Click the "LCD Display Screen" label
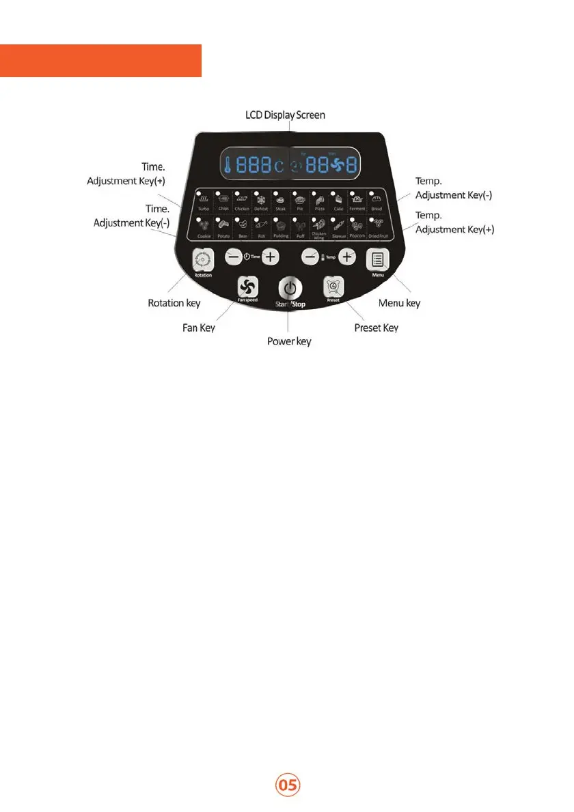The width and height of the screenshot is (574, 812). click(x=285, y=115)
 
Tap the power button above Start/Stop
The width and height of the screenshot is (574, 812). click(x=290, y=287)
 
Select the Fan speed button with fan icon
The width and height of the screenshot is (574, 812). click(x=247, y=287)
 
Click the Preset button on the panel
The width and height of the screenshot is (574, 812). click(x=333, y=287)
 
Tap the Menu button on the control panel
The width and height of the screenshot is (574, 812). click(x=377, y=259)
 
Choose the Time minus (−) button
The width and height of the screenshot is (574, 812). click(x=233, y=257)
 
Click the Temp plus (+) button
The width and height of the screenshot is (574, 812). click(x=348, y=257)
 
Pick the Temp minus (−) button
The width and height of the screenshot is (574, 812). click(x=311, y=257)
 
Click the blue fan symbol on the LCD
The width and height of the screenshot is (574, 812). click(x=339, y=166)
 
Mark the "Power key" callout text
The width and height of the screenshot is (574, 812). click(x=289, y=340)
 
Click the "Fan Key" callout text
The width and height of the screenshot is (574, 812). click(x=199, y=328)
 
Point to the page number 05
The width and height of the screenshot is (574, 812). click(x=288, y=785)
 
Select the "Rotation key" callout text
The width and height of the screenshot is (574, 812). click(x=174, y=302)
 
